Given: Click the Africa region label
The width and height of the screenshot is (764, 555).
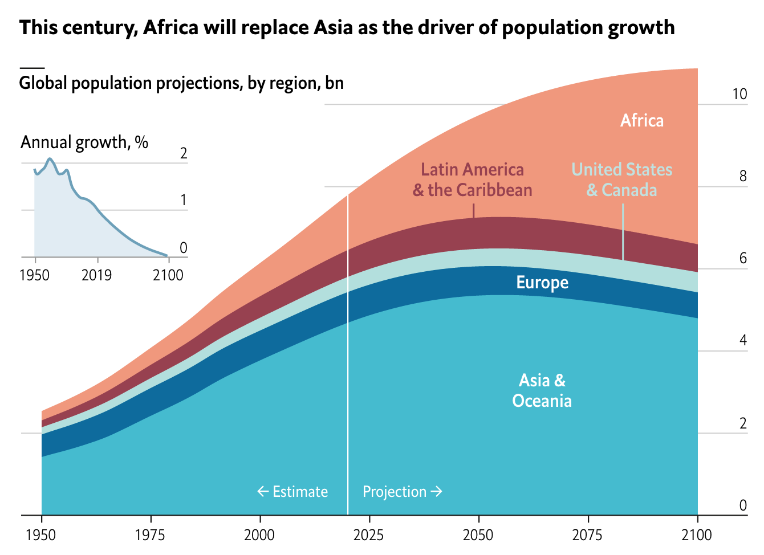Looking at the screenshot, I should [642, 121].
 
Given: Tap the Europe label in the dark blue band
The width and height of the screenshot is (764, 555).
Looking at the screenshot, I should [542, 283].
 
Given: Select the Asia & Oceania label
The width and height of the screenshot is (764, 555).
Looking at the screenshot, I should [542, 391].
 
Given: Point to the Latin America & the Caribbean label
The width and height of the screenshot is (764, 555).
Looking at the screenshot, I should [473, 179].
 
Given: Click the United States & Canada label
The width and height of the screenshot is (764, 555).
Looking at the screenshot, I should [622, 179].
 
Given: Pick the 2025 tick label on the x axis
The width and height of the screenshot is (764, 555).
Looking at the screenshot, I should [369, 535].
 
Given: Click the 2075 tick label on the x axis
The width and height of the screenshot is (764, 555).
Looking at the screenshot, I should [588, 535].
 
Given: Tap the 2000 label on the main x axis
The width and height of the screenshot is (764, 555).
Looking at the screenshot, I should [259, 535].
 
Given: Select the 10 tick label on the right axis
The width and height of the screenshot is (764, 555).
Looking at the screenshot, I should [739, 95].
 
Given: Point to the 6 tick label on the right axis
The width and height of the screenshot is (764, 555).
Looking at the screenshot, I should [743, 259].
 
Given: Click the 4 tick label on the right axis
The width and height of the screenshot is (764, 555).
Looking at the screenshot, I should [743, 341].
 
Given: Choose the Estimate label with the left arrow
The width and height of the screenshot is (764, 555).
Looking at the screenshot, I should [292, 492].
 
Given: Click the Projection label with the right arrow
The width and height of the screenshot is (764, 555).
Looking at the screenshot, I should [403, 492].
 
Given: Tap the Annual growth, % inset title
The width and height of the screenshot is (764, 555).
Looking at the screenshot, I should [84, 142].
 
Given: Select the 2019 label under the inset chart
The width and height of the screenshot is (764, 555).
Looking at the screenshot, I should [96, 276].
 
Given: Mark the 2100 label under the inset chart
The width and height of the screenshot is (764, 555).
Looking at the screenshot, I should [168, 276].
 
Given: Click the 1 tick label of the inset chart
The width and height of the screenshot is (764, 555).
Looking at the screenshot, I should [183, 200].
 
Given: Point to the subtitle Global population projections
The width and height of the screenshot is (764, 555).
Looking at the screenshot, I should [181, 83].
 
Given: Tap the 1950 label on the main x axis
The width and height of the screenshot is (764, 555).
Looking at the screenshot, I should [42, 535].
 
